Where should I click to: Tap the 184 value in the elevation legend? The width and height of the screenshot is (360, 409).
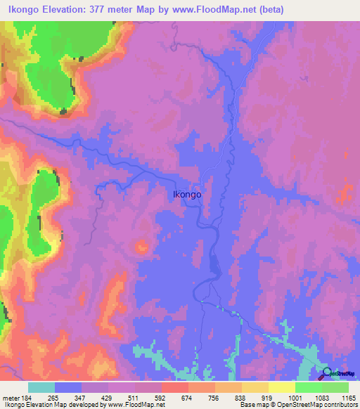(27, 397)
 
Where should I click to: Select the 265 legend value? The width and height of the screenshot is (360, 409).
(56, 397)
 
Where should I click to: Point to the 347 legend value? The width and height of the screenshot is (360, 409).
(82, 397)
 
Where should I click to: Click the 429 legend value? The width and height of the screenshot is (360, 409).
(109, 397)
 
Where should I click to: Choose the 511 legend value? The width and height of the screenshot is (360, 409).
(136, 397)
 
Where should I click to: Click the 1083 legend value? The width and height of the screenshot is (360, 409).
(322, 397)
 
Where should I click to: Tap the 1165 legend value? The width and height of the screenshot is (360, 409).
(348, 397)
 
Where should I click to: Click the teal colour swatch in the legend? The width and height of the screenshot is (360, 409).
(41, 387)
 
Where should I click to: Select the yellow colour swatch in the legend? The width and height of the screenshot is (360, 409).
(282, 387)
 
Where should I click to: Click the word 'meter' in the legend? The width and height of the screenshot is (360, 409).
(10, 397)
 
